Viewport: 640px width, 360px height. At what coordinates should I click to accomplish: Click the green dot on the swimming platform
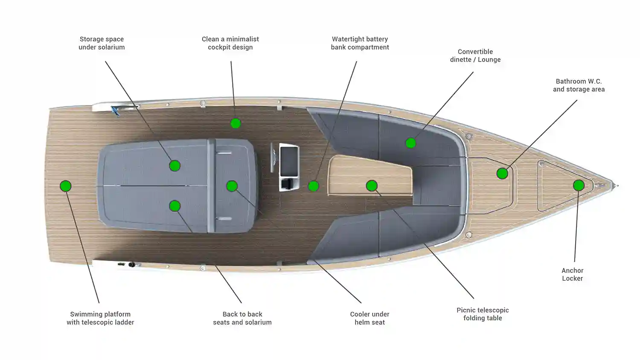pyautogui.click(x=65, y=186)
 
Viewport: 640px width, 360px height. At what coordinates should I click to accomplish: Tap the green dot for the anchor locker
pyautogui.click(x=579, y=186)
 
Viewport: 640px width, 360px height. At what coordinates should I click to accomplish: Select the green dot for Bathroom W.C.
pyautogui.click(x=502, y=174)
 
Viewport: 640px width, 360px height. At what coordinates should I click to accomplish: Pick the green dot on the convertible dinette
pyautogui.click(x=410, y=143)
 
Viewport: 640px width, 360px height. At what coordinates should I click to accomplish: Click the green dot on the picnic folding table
pyautogui.click(x=372, y=186)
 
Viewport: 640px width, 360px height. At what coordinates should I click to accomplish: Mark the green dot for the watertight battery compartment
pyautogui.click(x=314, y=186)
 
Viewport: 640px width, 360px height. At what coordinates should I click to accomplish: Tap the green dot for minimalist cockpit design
pyautogui.click(x=236, y=123)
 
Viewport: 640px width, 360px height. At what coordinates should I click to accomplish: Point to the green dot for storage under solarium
pyautogui.click(x=175, y=166)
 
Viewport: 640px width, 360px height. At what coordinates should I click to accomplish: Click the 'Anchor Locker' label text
pyautogui.click(x=572, y=274)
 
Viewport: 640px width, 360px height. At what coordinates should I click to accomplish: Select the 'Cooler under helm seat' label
pyautogui.click(x=369, y=318)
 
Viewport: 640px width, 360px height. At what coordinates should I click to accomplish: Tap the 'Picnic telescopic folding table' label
pyautogui.click(x=483, y=314)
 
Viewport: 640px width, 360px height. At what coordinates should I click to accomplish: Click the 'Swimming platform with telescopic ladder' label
pyautogui.click(x=100, y=318)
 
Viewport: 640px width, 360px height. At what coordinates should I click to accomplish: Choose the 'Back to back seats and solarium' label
pyautogui.click(x=242, y=318)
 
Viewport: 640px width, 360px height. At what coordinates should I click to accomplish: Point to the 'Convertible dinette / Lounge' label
pyautogui.click(x=475, y=56)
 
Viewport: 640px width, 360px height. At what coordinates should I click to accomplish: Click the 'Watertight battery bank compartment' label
pyautogui.click(x=360, y=43)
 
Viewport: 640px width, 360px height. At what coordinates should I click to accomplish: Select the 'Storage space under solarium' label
pyautogui.click(x=102, y=43)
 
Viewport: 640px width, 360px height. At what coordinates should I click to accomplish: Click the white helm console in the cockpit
pyautogui.click(x=289, y=167)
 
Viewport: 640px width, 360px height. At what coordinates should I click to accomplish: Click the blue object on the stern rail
pyautogui.click(x=116, y=111)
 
